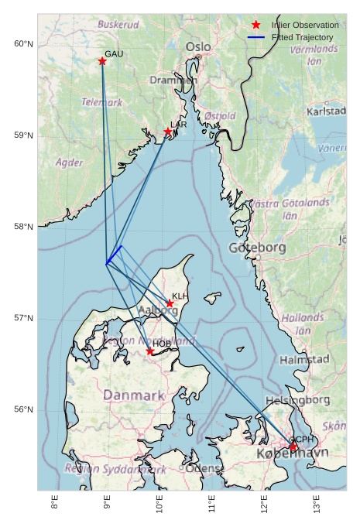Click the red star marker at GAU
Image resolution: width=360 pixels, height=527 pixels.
pos(102,61)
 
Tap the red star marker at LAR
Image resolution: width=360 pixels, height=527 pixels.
pos(168,132)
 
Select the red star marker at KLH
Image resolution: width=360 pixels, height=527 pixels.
pos(170,303)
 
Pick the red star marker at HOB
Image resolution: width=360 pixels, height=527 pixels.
pos(150,351)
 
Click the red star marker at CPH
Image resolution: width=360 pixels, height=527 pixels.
pos(293,447)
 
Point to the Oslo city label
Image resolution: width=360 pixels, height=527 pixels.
pos(197,47)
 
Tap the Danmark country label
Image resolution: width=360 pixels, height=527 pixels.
pos(134,395)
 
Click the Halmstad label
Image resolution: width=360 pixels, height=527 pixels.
pos(304,360)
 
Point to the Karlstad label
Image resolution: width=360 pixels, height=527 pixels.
pos(326,111)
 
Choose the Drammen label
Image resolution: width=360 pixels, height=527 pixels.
pos(173,80)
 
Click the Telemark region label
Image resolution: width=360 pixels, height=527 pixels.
pos(102,102)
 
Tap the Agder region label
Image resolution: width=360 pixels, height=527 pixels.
pos(70,163)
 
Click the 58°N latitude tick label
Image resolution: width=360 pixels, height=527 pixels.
pos(24,227)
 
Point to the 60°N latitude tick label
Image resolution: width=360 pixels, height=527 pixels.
pos(24,44)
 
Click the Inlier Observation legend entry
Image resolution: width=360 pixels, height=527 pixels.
pos(304,26)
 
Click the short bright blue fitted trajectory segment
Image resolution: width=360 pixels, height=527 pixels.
pos(115,255)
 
